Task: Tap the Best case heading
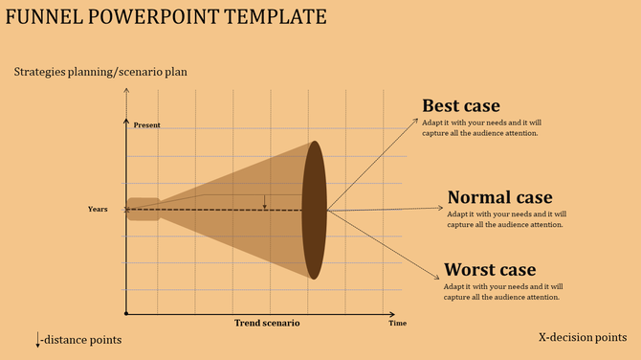click(461, 105)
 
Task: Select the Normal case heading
click(499, 197)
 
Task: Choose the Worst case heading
click(490, 269)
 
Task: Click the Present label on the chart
click(146, 125)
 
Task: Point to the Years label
click(98, 209)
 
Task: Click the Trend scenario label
click(267, 323)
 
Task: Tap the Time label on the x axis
click(397, 324)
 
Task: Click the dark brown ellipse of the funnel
click(314, 210)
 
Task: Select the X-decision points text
click(583, 338)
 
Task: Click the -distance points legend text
click(82, 340)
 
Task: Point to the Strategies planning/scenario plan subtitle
click(100, 72)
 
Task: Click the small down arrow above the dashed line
click(265, 201)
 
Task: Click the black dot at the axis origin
click(126, 313)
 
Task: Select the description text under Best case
click(482, 127)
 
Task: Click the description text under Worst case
click(503, 292)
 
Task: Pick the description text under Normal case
click(506, 219)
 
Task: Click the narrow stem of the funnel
click(144, 209)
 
